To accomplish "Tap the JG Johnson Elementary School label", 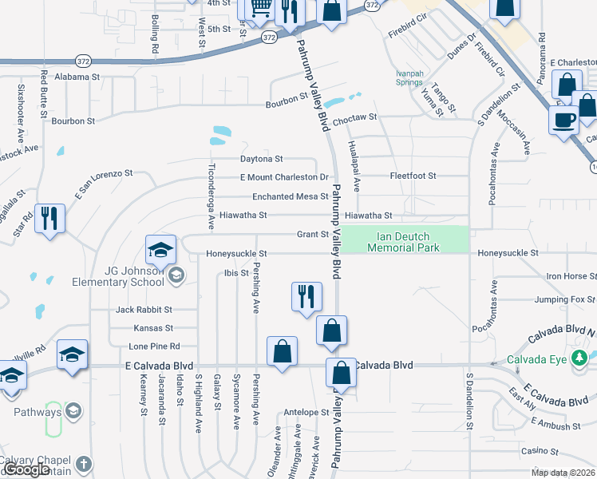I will tap(134, 276).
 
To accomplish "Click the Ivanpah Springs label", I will tap(409, 77).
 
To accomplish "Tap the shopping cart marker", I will tap(260, 10).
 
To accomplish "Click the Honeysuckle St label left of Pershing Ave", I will tap(235, 254).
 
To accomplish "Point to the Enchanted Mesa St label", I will tap(290, 196).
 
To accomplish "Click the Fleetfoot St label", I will tap(413, 176).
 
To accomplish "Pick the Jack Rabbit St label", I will tap(144, 309).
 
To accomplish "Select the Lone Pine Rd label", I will tap(154, 346).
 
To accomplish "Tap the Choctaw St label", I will tap(354, 117).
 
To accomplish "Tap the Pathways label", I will tap(38, 412).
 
